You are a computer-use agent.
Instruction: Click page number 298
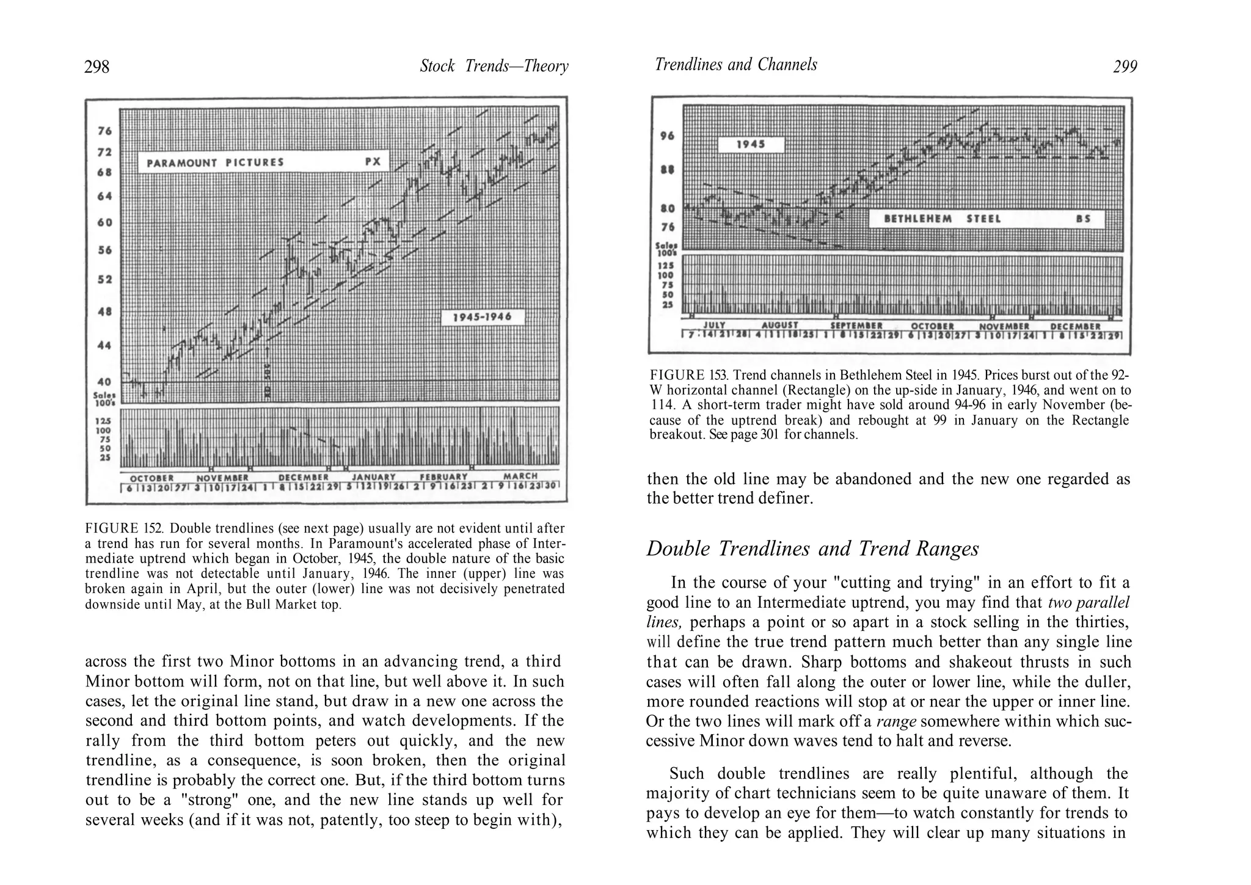(x=97, y=67)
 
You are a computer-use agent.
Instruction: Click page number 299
(x=1125, y=67)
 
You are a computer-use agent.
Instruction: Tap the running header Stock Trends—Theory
(x=494, y=66)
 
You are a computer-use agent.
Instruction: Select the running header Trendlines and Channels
(x=735, y=65)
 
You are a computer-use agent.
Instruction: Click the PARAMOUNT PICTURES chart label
(x=216, y=162)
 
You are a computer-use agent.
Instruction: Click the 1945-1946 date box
(x=482, y=317)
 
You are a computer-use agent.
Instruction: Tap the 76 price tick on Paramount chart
(x=104, y=131)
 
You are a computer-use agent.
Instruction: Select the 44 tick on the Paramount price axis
(x=104, y=345)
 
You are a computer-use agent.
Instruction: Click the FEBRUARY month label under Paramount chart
(x=443, y=476)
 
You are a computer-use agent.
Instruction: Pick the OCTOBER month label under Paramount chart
(x=152, y=477)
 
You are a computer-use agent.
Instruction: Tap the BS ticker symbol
(x=1084, y=219)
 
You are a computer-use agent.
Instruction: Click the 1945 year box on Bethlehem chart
(x=751, y=145)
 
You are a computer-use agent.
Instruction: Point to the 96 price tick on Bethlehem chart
(x=667, y=136)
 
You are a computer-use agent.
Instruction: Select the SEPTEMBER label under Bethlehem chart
(x=856, y=326)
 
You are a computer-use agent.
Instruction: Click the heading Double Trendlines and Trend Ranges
(x=812, y=548)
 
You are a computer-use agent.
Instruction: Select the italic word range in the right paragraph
(x=895, y=722)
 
